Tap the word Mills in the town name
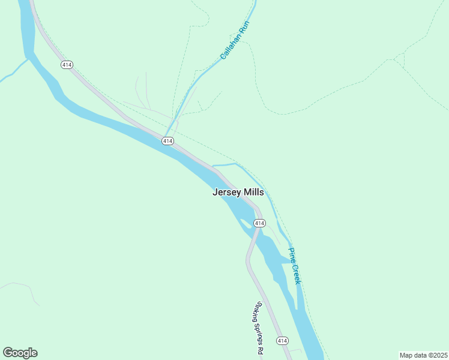click(253, 193)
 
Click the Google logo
click(20, 353)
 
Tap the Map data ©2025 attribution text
click(423, 355)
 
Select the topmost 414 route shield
click(66, 64)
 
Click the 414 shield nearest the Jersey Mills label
click(259, 223)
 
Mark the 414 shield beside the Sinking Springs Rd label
click(282, 341)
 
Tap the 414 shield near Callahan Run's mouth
click(167, 140)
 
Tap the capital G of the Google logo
click(8, 353)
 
